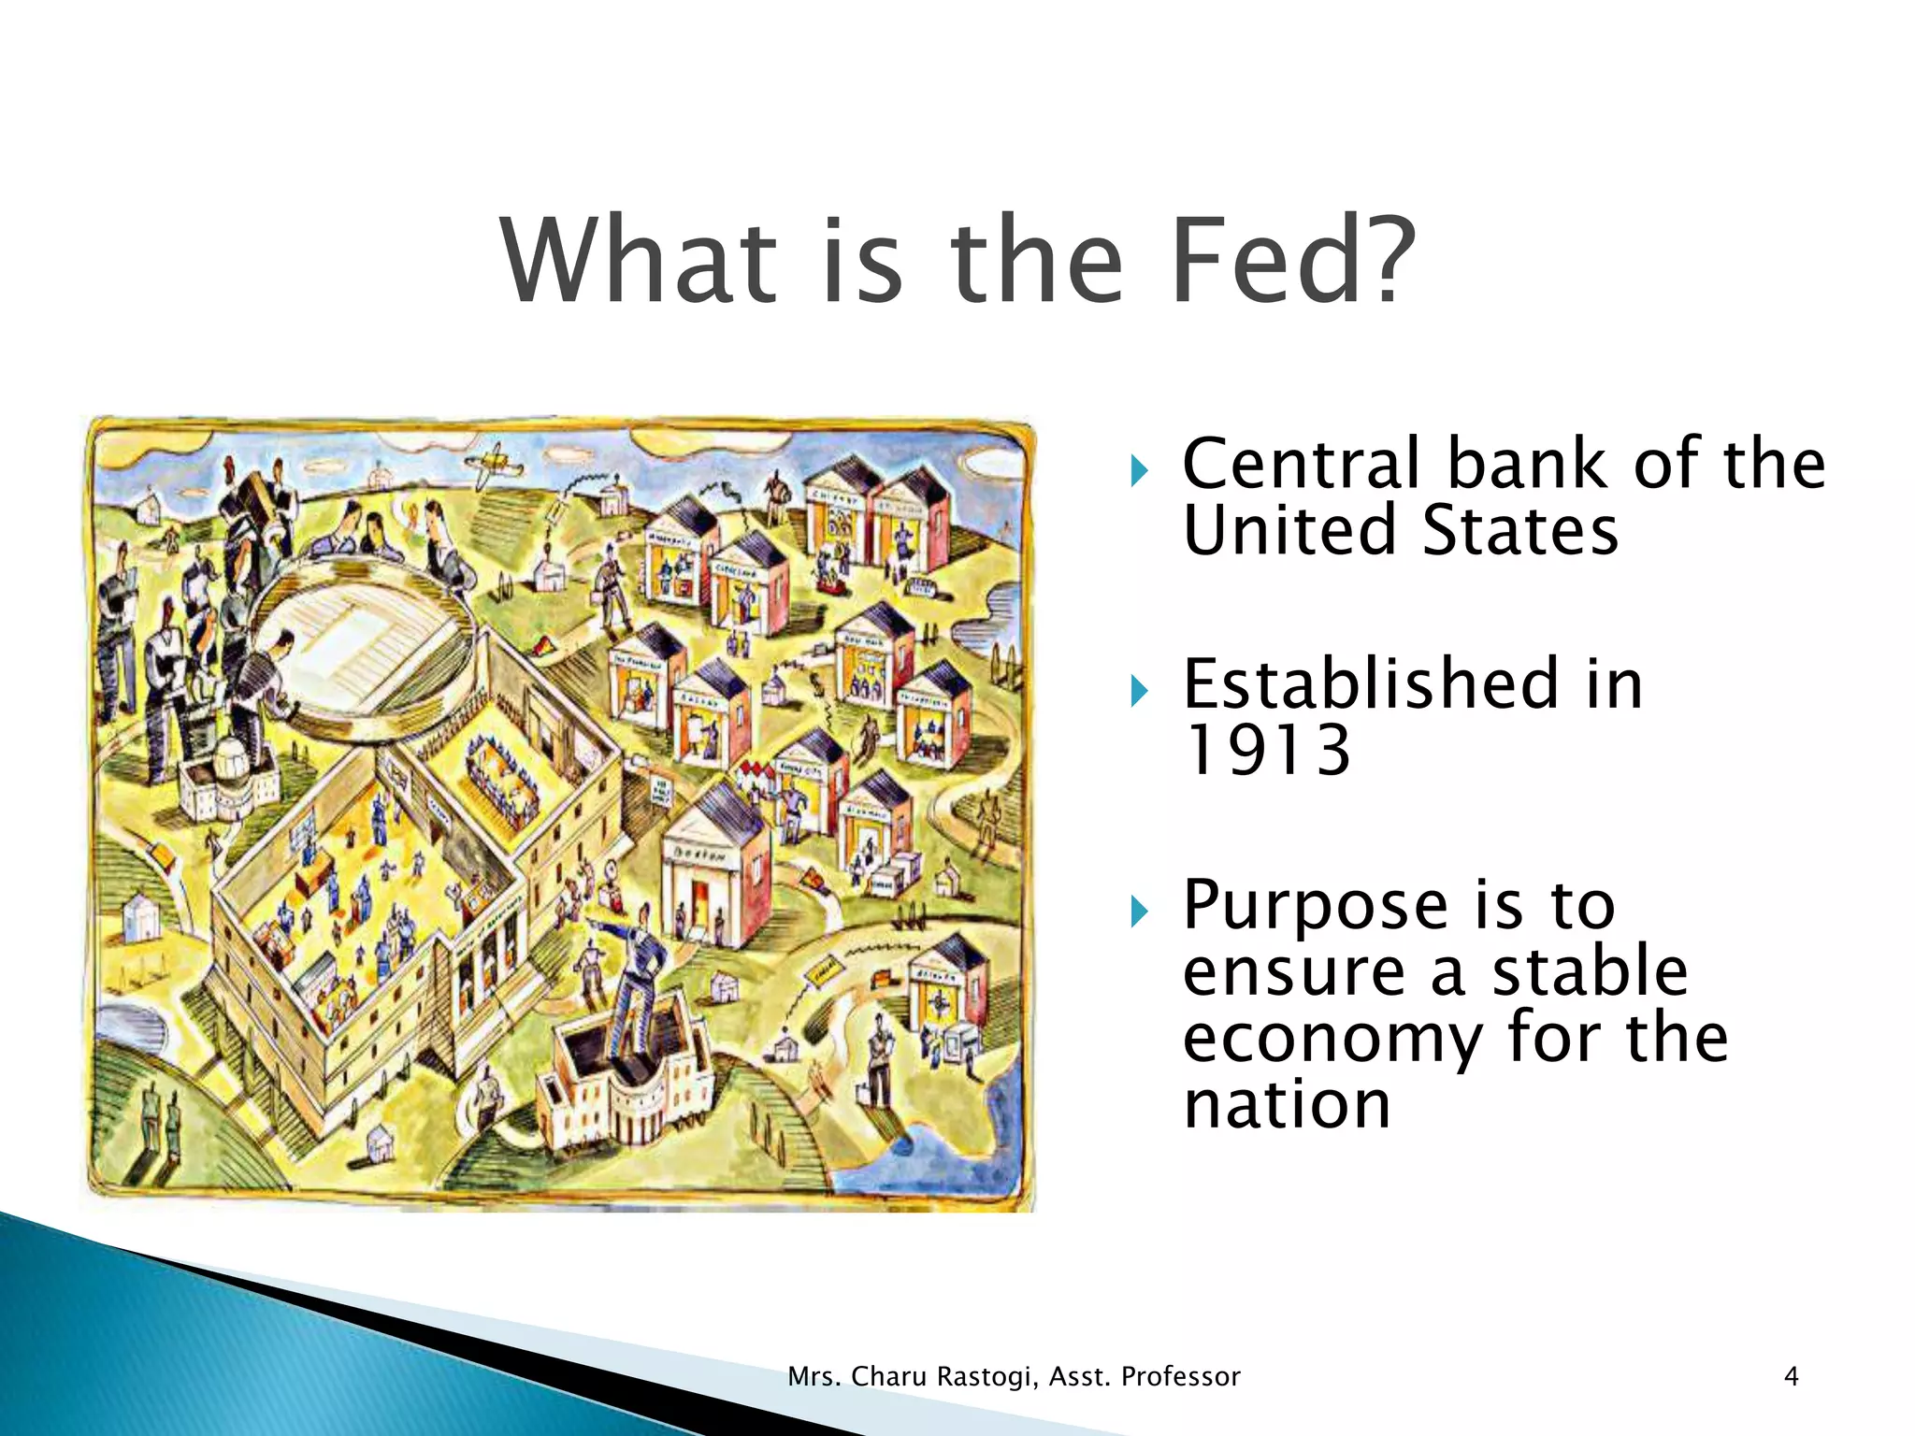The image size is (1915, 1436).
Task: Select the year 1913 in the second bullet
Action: pos(1267,751)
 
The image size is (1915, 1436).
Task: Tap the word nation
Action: pos(1287,1104)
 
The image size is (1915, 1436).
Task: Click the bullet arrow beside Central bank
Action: pos(1138,472)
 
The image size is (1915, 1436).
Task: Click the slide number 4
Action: pos(1791,1376)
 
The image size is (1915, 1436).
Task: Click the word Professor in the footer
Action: pos(1180,1376)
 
